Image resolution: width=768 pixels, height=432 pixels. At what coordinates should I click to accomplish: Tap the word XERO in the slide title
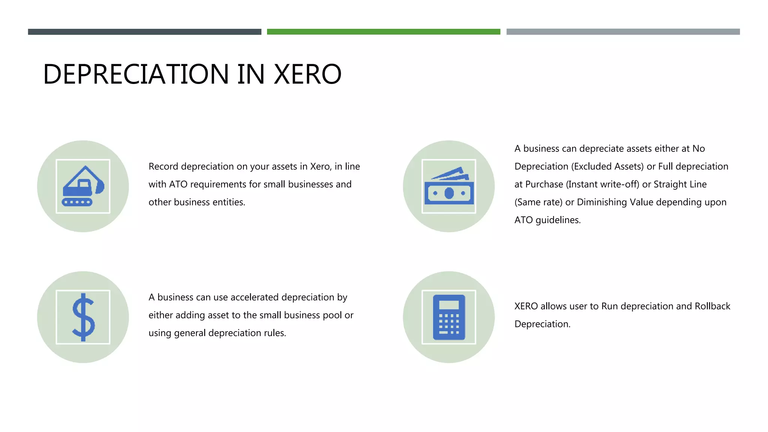click(x=307, y=74)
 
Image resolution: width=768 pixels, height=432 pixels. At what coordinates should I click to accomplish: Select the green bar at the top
click(x=383, y=32)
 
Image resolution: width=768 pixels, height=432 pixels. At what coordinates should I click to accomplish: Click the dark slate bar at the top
click(x=144, y=32)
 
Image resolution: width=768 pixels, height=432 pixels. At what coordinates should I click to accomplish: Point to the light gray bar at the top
click(x=623, y=32)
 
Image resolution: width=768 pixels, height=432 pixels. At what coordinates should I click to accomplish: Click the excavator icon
click(x=83, y=186)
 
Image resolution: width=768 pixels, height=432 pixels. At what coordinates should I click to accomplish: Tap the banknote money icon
click(x=449, y=186)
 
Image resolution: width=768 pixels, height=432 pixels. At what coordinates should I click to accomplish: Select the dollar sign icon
click(x=83, y=317)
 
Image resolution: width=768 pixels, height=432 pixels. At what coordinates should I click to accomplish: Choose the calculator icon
click(x=449, y=317)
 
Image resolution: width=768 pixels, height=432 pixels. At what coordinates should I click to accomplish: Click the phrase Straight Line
click(x=680, y=184)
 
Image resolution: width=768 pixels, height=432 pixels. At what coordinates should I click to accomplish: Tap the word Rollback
click(x=712, y=306)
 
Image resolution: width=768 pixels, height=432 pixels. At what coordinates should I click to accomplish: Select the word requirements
click(x=218, y=184)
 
